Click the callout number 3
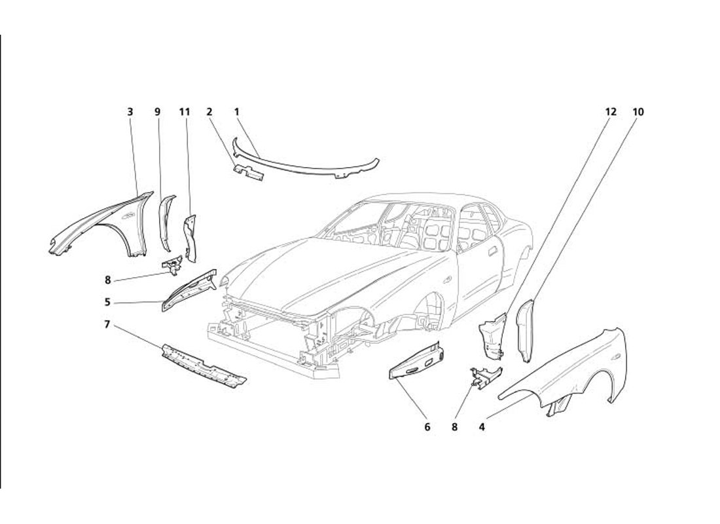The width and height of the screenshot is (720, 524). [x=130, y=112]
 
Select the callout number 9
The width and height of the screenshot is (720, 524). [x=158, y=112]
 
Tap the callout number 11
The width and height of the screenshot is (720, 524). [x=185, y=112]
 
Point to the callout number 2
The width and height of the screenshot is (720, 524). [x=209, y=112]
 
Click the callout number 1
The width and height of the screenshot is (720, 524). [x=237, y=112]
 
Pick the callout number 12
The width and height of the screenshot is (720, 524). [x=611, y=112]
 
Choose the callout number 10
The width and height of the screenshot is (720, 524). [x=638, y=112]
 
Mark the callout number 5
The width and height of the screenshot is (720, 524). [x=107, y=303]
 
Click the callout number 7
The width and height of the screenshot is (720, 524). [x=107, y=324]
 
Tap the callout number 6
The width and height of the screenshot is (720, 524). [x=427, y=427]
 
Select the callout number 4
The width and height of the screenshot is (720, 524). [x=482, y=427]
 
